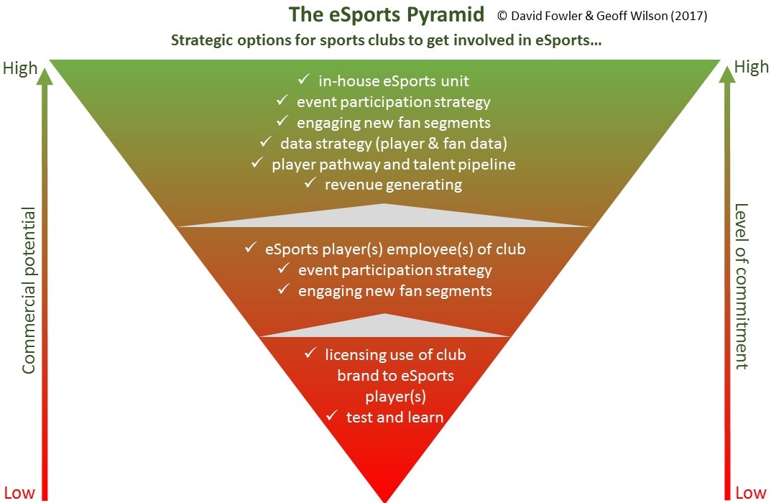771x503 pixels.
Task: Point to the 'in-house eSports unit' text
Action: pos(394,81)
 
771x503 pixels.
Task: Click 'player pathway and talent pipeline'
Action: pos(393,164)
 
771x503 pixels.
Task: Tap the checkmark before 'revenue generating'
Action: pos(310,184)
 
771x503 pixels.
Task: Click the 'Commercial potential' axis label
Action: pos(29,290)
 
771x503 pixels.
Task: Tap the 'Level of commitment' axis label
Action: pos(741,286)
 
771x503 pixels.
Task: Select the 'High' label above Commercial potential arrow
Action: pos(20,69)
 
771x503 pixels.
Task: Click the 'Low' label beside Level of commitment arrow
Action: pos(751,493)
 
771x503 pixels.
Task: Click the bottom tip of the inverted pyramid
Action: pos(385,499)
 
